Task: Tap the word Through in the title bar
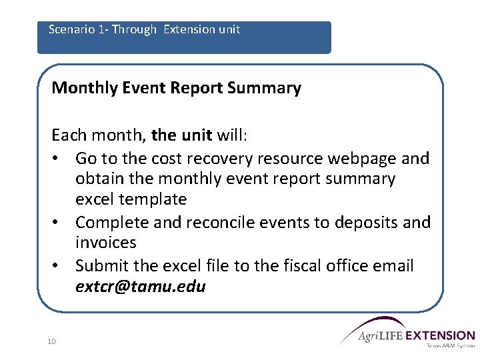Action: pos(135,29)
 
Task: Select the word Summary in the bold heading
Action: pos(273,88)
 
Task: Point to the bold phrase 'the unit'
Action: pos(181,136)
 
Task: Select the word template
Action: pos(153,199)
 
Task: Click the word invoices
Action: pos(106,243)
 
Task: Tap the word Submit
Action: pos(101,266)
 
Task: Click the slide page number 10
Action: pos(51,341)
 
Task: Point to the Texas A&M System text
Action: pos(450,346)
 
